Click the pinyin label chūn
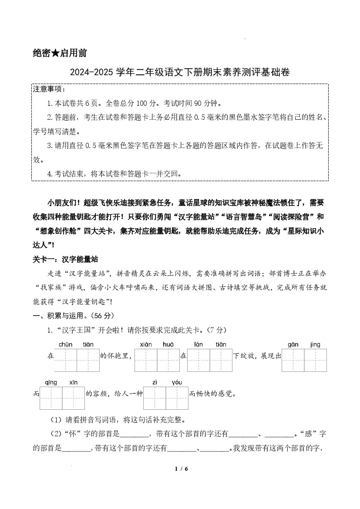(65, 344)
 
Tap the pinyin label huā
(168, 344)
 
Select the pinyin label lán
(199, 344)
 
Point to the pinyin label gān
(293, 344)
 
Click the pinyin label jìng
(315, 344)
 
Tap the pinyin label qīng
(51, 382)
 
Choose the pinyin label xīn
(73, 382)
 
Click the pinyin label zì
(155, 382)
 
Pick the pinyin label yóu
(177, 382)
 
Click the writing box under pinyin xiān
(146, 361)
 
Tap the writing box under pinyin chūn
(65, 361)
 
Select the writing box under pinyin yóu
(177, 398)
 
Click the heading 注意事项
(49, 89)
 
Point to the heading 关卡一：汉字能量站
(65, 260)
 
